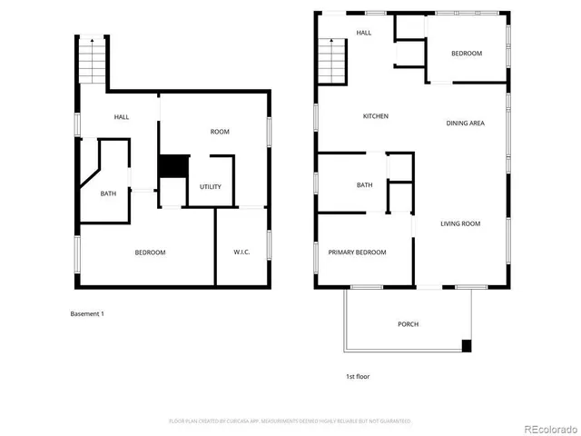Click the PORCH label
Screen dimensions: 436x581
tap(409, 324)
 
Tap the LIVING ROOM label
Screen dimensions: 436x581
tap(460, 223)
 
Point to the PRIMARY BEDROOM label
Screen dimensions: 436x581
tap(357, 253)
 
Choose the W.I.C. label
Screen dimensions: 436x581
tap(241, 252)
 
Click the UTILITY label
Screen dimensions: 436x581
tap(211, 187)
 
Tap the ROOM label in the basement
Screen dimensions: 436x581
tap(220, 132)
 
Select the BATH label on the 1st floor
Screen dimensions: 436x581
tap(364, 185)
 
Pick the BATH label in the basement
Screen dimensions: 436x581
tap(108, 193)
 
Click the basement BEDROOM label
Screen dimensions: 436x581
tap(151, 252)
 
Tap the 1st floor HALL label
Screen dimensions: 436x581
tap(364, 33)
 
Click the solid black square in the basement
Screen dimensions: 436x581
tap(172, 167)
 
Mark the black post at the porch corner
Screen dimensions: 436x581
tap(467, 346)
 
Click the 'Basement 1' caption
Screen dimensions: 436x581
tap(87, 314)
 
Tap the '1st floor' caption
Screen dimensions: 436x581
tap(358, 376)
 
